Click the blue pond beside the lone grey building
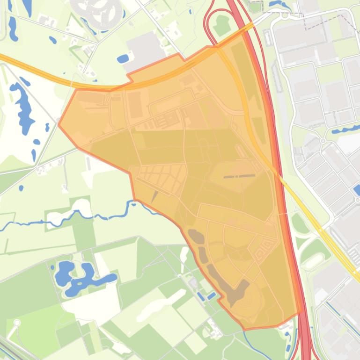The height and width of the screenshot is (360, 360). tap(123, 59)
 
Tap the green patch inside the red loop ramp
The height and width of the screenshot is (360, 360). tap(221, 25)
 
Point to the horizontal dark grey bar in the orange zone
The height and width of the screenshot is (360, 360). tap(239, 176)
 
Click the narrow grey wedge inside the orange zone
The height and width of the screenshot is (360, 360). tap(154, 197)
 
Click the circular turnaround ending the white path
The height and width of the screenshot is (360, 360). tap(17, 323)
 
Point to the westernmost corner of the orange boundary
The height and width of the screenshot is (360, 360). tap(59, 124)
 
